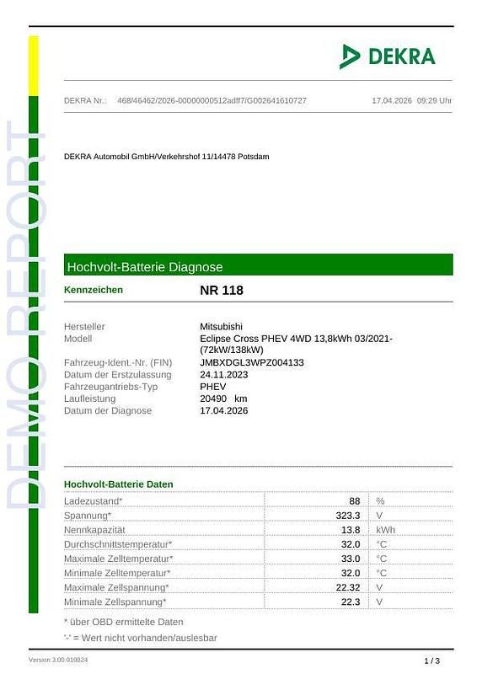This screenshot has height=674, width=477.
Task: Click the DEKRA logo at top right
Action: pos(388,56)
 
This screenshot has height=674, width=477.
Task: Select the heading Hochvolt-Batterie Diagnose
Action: pos(144,266)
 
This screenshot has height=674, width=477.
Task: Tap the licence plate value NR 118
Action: pos(222,291)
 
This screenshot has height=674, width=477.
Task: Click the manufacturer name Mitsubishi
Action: pos(221,326)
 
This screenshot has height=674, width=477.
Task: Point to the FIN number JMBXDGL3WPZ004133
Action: pos(251,362)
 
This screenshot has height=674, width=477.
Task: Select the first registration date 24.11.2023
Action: pos(223,374)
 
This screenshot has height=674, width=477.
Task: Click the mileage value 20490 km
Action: pos(223,399)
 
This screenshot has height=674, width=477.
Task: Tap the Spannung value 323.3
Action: pos(348,515)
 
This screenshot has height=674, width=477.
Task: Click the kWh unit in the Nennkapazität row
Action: pos(385,530)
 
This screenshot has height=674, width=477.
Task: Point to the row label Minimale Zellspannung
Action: pos(115,602)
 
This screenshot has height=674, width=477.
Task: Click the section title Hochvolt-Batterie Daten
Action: pos(119,484)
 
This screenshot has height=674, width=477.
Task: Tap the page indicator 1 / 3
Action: pos(431,661)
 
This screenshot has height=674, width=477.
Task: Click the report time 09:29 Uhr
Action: pos(434,101)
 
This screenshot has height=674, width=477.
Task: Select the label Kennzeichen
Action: pos(94,290)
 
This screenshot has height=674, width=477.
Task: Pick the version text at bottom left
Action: pos(58,660)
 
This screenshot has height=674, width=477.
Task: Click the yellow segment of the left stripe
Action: pos(34,65)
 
